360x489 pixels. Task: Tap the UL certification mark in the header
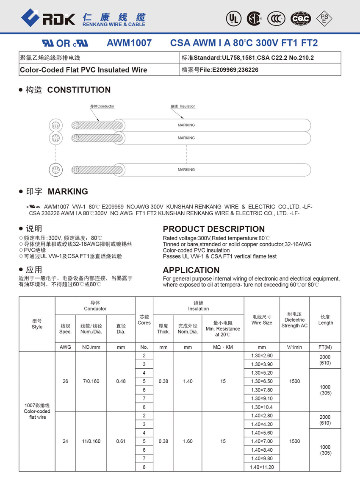click(233, 18)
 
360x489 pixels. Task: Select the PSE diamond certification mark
click(324, 18)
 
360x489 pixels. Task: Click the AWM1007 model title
click(129, 43)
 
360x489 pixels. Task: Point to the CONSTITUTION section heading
click(79, 90)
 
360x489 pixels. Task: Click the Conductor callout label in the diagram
click(102, 106)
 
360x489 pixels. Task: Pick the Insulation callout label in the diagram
click(183, 106)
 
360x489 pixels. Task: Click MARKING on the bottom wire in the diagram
click(186, 169)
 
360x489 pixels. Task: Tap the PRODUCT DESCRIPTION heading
click(213, 229)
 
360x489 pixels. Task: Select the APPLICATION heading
click(191, 270)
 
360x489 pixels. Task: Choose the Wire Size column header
click(262, 320)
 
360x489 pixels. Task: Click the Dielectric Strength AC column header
click(294, 320)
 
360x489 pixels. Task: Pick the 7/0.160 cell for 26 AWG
click(91, 381)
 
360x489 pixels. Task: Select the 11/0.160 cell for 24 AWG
click(91, 442)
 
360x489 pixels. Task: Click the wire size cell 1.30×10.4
click(262, 407)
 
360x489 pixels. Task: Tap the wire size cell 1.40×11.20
click(262, 467)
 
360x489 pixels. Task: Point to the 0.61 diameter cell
click(121, 442)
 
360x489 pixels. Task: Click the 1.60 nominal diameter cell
click(188, 442)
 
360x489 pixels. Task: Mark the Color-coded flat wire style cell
click(37, 411)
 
